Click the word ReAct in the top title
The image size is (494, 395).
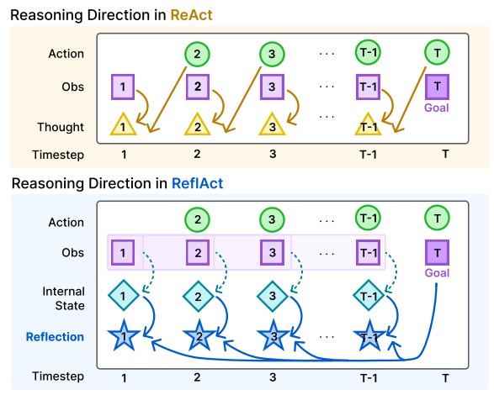192,15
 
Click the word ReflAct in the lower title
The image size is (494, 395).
198,183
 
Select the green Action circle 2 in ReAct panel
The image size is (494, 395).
197,54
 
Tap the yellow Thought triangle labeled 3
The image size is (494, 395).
272,124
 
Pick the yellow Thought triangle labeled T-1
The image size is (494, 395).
368,124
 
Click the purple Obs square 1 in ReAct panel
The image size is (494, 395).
123,87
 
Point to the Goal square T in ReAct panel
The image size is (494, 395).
438,87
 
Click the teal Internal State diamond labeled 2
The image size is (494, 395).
198,296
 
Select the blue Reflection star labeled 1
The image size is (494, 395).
124,335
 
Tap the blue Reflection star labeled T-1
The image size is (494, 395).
369,336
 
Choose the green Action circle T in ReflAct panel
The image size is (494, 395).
438,219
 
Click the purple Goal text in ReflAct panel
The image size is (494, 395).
437,273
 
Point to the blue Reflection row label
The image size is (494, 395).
55,337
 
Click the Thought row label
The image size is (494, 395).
61,127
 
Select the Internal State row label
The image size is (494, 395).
64,298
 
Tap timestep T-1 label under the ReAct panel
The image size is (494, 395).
369,155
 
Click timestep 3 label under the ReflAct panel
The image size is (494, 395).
273,377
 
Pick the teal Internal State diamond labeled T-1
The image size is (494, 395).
369,296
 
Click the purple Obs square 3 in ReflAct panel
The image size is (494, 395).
272,252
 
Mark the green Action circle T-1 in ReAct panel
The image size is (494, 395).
368,53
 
